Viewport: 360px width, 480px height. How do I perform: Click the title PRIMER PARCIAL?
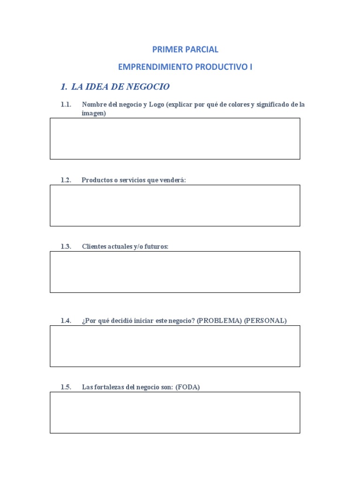point(185,49)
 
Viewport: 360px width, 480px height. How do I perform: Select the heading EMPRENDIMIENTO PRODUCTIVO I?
point(185,67)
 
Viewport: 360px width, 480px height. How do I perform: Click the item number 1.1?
point(66,105)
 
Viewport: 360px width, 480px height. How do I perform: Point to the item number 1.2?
point(66,180)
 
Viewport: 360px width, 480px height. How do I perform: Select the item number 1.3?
point(66,247)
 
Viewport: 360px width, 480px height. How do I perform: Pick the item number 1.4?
point(66,321)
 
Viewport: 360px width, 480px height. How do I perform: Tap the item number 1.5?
point(66,387)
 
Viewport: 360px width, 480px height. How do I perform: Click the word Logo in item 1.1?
point(157,105)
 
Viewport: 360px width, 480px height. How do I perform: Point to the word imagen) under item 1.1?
point(94,113)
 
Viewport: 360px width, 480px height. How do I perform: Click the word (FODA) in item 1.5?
point(187,387)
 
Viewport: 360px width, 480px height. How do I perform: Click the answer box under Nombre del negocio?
point(175,139)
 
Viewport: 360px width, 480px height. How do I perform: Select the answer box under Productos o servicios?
point(175,205)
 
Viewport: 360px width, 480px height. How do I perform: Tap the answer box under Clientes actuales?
point(175,272)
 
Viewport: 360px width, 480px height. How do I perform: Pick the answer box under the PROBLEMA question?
point(175,346)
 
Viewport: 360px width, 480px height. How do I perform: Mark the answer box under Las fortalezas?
point(175,412)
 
